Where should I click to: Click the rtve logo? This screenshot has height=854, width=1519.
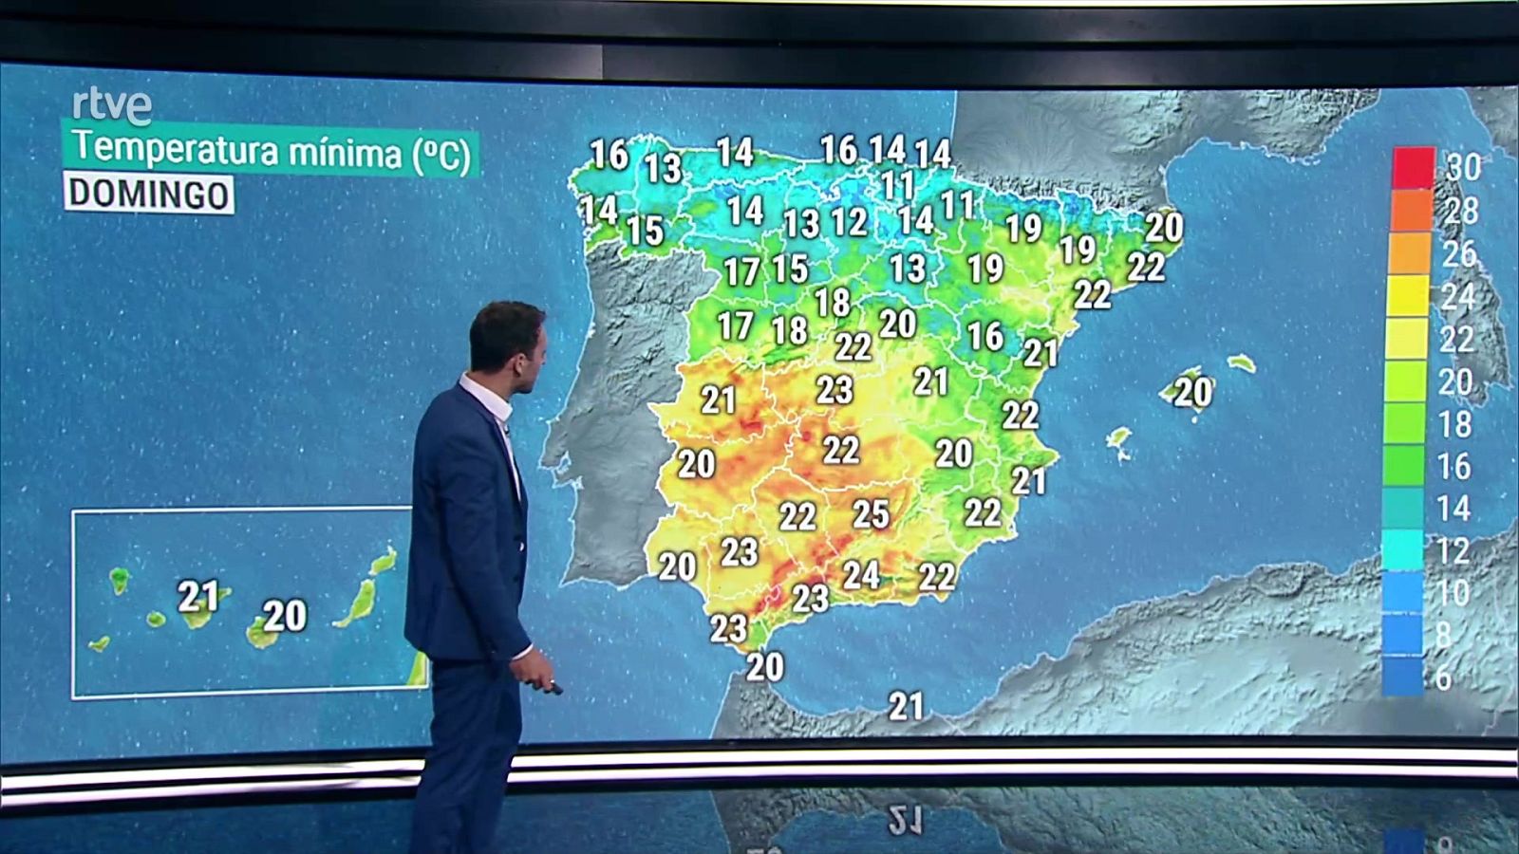point(112,105)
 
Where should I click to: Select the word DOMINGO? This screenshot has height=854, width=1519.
point(149,195)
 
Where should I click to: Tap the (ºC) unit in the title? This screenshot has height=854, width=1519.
point(441,155)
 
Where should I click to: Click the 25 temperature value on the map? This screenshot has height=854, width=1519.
point(871,514)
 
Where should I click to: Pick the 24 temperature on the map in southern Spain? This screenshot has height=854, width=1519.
point(861,574)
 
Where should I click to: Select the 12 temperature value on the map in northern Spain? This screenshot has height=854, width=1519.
point(849,222)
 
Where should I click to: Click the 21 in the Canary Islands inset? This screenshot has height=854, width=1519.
point(198,596)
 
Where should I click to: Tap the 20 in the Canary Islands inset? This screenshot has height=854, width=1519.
point(285,616)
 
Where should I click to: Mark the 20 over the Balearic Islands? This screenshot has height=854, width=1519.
point(1193,392)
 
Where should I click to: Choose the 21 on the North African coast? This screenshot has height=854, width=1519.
point(906,705)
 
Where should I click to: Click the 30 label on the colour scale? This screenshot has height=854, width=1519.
point(1463,167)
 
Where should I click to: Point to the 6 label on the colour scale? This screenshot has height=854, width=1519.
point(1443,678)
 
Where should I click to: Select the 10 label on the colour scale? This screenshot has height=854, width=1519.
point(1453,593)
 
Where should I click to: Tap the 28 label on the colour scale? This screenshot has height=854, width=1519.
point(1461,210)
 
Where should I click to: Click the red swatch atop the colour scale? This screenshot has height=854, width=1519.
point(1413,168)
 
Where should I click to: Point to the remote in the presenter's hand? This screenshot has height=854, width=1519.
point(553,684)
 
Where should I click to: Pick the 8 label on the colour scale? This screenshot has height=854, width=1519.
point(1443,635)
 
